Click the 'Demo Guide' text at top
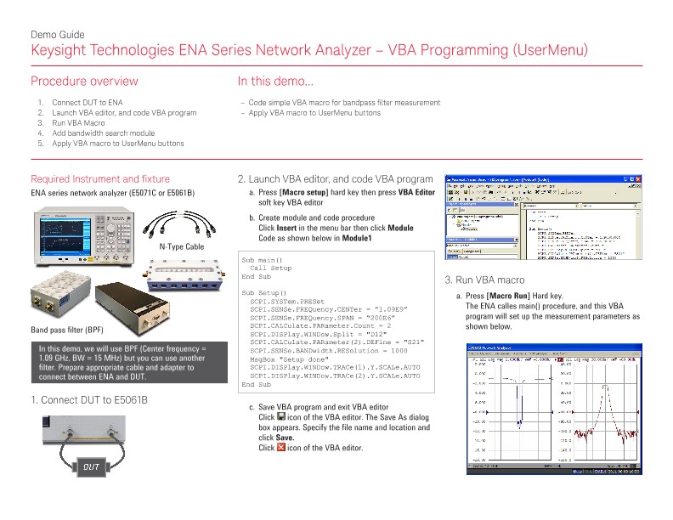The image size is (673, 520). pyautogui.click(x=57, y=35)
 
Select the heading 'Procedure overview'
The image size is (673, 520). pyautogui.click(x=84, y=82)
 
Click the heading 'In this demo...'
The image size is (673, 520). pyautogui.click(x=275, y=82)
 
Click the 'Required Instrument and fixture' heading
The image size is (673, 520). pyautogui.click(x=99, y=179)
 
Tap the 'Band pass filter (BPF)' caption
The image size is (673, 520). pyautogui.click(x=67, y=329)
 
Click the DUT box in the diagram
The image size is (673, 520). pyautogui.click(x=94, y=465)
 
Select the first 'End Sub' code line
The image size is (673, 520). pyautogui.click(x=256, y=276)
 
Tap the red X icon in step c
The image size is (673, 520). pyautogui.click(x=282, y=448)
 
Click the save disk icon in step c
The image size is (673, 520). pyautogui.click(x=282, y=417)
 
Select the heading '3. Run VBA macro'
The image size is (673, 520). pyautogui.click(x=484, y=280)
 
